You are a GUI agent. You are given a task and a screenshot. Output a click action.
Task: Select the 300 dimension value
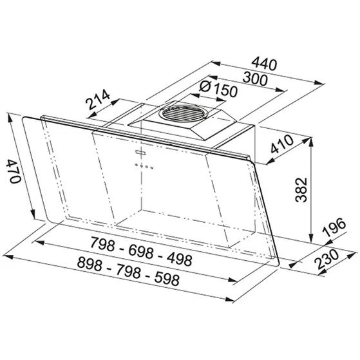(255, 79)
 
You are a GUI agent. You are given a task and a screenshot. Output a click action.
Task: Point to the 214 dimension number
(98, 100)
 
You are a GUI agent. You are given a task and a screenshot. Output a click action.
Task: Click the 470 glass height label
(14, 171)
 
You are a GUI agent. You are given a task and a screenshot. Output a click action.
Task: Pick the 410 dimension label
(282, 144)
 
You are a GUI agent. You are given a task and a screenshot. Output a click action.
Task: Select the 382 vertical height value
(301, 189)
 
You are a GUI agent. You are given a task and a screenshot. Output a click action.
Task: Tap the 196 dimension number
(334, 227)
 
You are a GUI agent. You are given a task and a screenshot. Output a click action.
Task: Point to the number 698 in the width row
(141, 252)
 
